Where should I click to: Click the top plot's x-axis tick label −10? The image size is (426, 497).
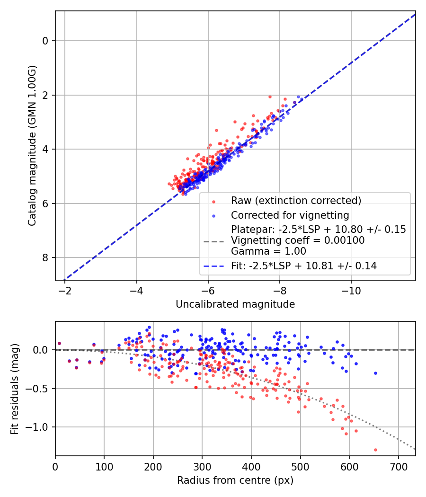(351, 291)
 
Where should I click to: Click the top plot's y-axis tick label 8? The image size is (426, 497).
(45, 257)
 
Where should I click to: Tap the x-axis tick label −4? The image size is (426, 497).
(137, 291)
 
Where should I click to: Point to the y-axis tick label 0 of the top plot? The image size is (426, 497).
(45, 41)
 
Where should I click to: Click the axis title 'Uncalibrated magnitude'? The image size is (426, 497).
(235, 304)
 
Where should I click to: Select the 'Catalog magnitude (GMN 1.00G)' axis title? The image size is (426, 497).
(32, 145)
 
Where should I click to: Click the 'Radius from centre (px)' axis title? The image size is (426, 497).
(235, 480)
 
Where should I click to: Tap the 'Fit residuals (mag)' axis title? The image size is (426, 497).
(15, 389)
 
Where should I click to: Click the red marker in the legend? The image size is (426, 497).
(213, 202)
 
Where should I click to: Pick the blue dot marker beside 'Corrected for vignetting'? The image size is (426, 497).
(213, 216)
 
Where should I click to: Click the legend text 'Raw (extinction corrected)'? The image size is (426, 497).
(296, 201)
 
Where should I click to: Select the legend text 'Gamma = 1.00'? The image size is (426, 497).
(268, 251)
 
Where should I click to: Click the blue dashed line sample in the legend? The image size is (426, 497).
(213, 266)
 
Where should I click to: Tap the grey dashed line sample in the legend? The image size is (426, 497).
(213, 241)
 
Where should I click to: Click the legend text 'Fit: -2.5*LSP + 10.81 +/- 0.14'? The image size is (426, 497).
(304, 266)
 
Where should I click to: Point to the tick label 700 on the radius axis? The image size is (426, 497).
(398, 467)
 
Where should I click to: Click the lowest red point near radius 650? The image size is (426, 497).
(376, 450)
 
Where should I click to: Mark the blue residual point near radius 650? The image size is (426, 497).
(376, 373)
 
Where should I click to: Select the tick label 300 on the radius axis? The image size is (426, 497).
(202, 467)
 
